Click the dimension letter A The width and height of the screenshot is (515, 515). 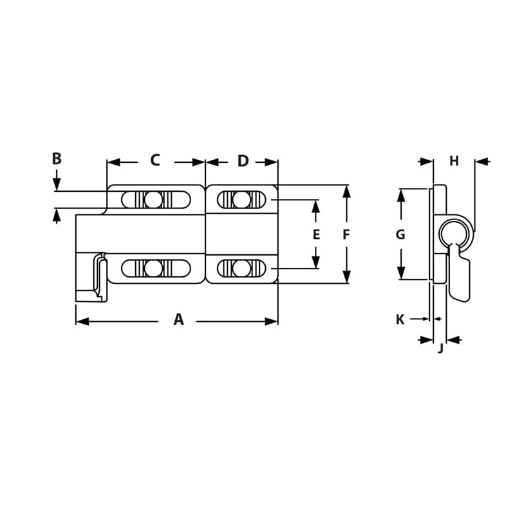click(x=178, y=319)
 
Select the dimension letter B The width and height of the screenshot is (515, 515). click(x=57, y=158)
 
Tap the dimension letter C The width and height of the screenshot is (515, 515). click(x=154, y=161)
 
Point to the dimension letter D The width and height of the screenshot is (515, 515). click(x=243, y=162)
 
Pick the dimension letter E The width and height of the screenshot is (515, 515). click(x=316, y=235)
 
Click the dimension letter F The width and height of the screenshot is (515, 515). click(x=346, y=235)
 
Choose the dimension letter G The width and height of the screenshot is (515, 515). click(x=400, y=235)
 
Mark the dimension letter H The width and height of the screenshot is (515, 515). click(x=454, y=161)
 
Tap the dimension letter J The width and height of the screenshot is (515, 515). click(x=440, y=349)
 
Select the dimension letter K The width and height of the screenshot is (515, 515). click(x=400, y=319)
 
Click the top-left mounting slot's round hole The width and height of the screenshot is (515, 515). click(x=153, y=200)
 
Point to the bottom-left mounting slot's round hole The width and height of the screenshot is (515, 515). click(x=153, y=268)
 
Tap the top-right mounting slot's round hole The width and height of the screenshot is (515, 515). click(x=241, y=200)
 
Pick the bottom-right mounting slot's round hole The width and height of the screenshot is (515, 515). click(x=241, y=268)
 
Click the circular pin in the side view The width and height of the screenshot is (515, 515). click(x=456, y=232)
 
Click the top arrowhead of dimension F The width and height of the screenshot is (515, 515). click(x=346, y=191)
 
